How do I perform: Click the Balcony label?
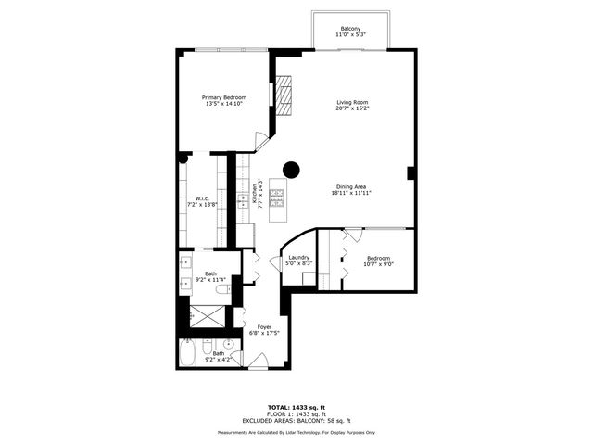coord(350,28)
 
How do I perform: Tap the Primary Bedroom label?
coord(226,96)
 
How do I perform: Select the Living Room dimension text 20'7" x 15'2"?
coord(352,108)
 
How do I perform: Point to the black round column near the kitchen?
coord(291,169)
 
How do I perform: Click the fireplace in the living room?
coord(284,94)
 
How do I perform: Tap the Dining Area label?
coord(352,186)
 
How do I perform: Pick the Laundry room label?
coord(298,257)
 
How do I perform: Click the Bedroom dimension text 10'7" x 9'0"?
coord(378,264)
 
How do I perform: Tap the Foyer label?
coord(264,327)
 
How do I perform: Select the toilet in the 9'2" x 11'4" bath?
coord(222,289)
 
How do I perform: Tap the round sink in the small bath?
coord(227,346)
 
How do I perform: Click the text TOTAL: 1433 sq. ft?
coord(296,407)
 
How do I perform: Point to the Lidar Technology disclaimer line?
coord(296,432)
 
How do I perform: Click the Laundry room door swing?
coord(275,264)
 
